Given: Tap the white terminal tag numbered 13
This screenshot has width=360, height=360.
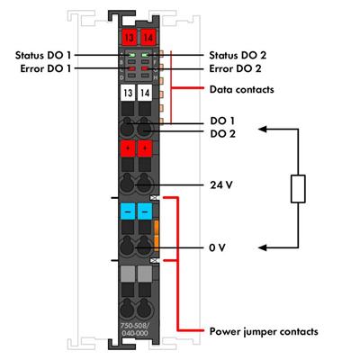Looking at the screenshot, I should pyautogui.click(x=127, y=93).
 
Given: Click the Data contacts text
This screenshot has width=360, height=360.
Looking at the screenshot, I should pyautogui.click(x=242, y=90).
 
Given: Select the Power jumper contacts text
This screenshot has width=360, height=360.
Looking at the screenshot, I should pyautogui.click(x=264, y=331).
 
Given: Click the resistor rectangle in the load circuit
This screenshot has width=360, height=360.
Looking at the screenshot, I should pyautogui.click(x=296, y=190).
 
